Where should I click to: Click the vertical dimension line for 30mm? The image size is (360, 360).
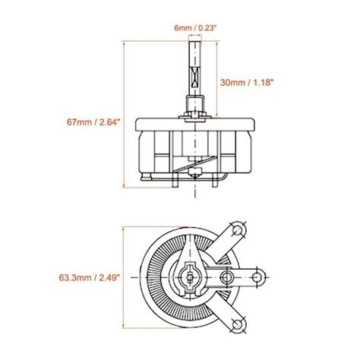coord(213,81)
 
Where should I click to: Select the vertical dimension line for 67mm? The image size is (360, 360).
coord(123,114)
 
